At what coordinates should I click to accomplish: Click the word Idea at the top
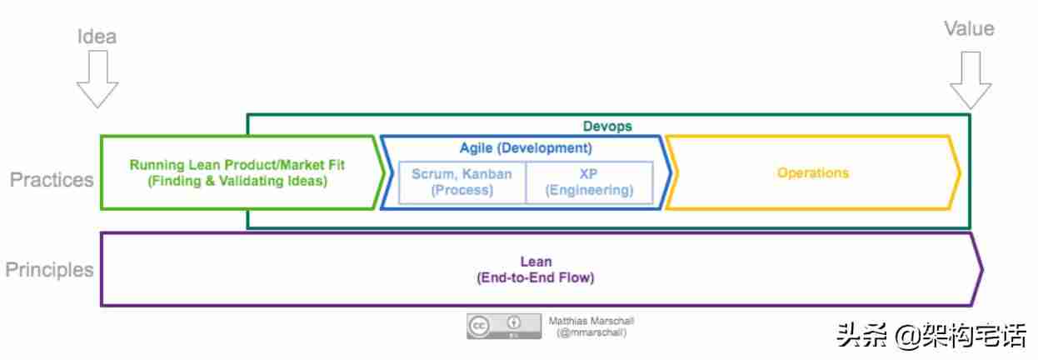97,36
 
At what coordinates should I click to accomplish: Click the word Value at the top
970,28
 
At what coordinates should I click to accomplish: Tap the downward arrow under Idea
97,79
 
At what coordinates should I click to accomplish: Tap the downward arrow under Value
971,80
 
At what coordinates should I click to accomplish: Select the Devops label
607,126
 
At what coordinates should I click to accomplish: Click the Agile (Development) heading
526,147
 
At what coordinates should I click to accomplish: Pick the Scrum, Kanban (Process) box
462,182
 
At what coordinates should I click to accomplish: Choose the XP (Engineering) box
590,182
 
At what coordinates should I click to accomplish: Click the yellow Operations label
813,172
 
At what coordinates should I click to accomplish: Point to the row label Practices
52,180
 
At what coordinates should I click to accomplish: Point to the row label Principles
49,270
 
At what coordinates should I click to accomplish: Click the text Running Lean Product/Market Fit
237,164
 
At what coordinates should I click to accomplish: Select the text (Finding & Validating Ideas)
237,181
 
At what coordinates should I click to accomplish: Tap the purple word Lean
536,262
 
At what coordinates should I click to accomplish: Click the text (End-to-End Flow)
535,277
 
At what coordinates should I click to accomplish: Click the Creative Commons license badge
504,326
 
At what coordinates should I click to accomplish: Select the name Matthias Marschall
591,321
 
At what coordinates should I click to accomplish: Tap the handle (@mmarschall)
591,332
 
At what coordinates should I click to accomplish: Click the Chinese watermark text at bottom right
931,336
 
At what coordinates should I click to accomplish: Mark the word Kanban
487,173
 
